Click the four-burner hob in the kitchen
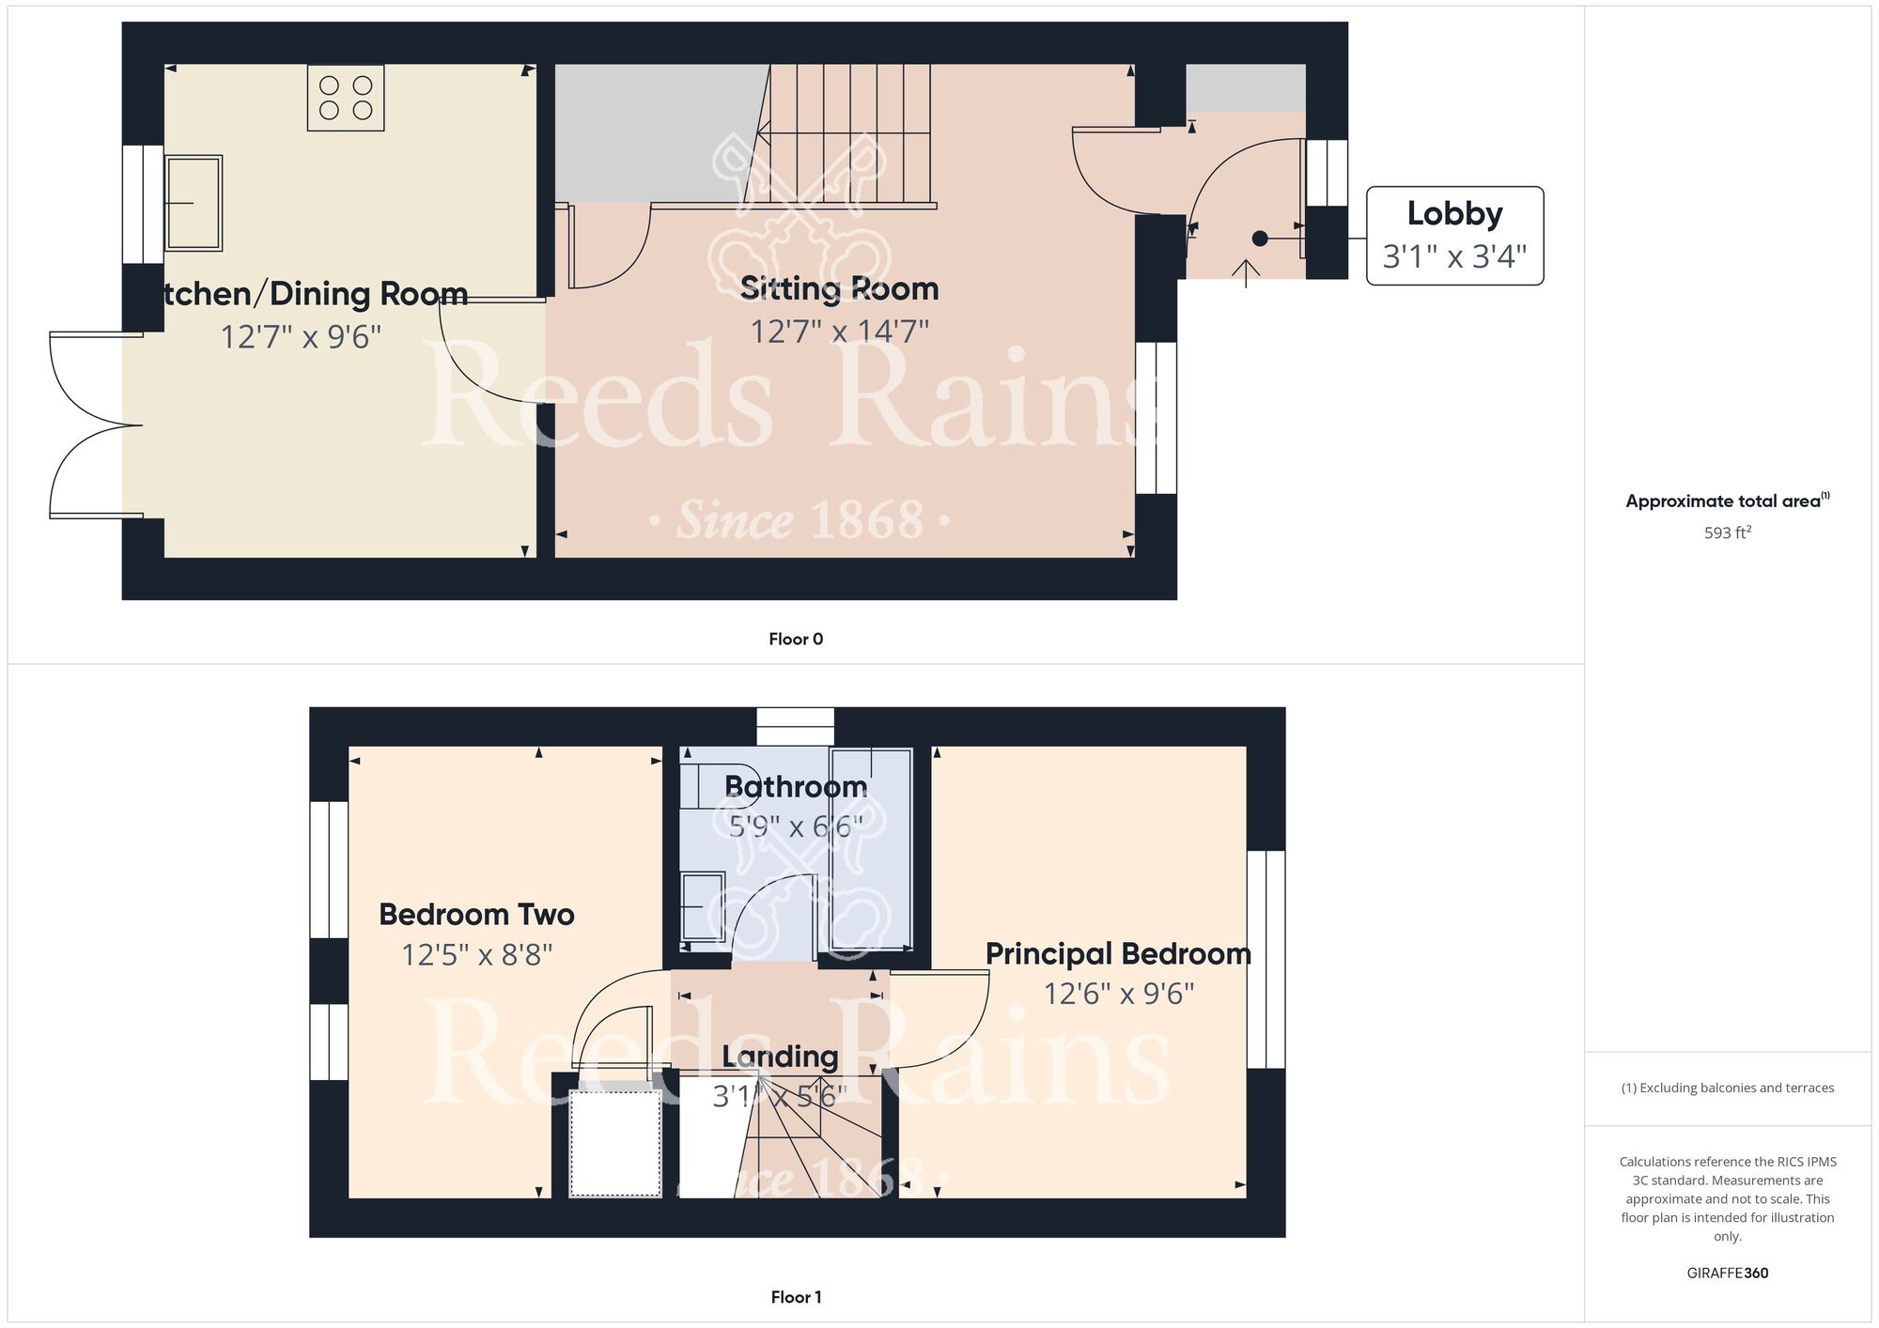346,98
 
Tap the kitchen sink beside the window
194,203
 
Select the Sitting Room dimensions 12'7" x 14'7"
839,332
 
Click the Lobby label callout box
1454,236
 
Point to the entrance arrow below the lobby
1246,272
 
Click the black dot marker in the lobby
1260,239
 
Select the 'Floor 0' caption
796,640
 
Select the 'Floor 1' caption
796,1297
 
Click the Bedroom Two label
476,914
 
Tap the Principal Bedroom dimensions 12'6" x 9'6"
1118,994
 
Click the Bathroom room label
796,787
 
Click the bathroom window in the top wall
796,727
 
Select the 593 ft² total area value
1727,533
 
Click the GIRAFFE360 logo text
1727,1274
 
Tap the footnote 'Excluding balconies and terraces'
1727,1088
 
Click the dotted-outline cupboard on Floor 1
615,1143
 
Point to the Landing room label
780,1057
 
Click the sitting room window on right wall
1156,418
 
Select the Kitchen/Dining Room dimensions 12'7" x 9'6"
301,336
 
